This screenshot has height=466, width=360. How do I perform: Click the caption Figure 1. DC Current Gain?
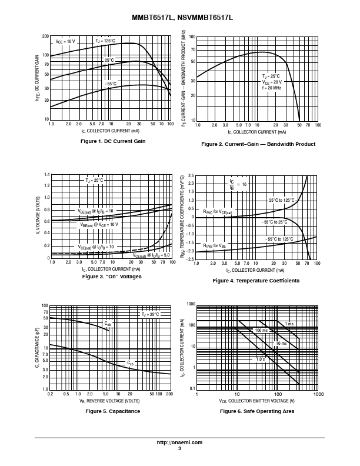112,141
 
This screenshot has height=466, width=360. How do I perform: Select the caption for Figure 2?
258,144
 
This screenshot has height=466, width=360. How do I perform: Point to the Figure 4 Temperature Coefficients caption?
256,281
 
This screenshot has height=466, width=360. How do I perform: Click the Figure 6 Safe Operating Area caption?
257,411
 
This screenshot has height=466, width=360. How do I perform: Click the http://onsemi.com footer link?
179,442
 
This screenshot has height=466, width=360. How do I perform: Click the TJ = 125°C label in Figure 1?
105,41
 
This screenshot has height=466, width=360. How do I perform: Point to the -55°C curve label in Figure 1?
111,84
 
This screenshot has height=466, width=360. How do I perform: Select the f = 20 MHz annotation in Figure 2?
272,88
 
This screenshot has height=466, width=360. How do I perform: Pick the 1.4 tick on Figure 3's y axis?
46,175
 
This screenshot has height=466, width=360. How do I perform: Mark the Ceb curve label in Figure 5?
108,324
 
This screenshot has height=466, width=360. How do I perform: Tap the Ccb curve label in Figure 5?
129,364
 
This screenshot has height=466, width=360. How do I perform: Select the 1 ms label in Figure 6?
289,324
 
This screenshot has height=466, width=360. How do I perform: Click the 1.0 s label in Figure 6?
259,358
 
